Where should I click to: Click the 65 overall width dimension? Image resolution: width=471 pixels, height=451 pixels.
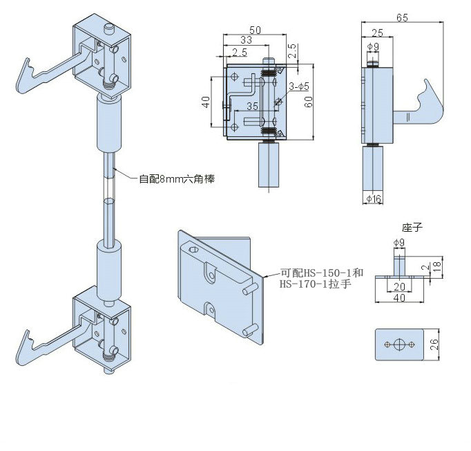click(x=402, y=18)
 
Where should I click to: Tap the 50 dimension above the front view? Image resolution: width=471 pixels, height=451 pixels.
click(x=255, y=30)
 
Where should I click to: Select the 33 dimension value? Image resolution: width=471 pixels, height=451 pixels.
click(x=246, y=40)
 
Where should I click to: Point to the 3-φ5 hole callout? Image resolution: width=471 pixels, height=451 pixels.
click(x=299, y=86)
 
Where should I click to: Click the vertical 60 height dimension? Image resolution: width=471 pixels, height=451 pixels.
click(x=308, y=102)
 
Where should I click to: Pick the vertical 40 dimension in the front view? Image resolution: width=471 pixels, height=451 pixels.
click(x=206, y=102)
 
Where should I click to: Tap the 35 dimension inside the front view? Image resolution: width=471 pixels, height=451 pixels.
click(x=253, y=107)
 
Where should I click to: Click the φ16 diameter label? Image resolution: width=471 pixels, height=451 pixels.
click(x=374, y=199)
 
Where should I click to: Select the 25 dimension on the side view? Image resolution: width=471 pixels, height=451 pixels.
click(x=377, y=33)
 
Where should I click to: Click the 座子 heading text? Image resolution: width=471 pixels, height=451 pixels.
click(x=412, y=228)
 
